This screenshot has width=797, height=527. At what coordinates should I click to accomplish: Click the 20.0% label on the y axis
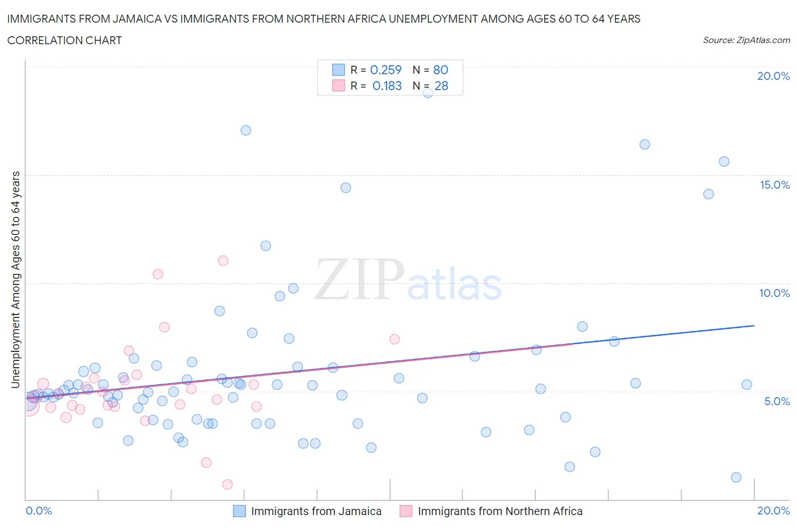(x=773, y=76)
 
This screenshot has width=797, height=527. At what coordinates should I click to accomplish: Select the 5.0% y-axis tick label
(x=777, y=401)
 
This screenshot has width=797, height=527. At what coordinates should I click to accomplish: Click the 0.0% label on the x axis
(x=39, y=511)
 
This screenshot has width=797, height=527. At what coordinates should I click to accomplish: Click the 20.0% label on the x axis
(x=773, y=511)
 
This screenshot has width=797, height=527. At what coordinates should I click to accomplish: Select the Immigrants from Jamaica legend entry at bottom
(x=316, y=511)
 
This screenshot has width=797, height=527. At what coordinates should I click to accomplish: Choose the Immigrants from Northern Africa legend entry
(x=499, y=511)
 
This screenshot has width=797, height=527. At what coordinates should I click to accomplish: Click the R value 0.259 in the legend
(x=385, y=70)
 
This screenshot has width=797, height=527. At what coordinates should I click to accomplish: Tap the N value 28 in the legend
(x=441, y=86)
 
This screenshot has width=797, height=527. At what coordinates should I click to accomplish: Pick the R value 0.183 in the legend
(x=387, y=86)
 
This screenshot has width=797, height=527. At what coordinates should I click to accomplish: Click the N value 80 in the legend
(x=440, y=70)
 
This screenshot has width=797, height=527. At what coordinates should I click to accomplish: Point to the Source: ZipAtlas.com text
(x=746, y=40)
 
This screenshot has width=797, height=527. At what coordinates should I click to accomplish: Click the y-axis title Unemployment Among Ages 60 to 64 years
(x=15, y=279)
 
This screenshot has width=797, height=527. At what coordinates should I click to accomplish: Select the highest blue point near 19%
(x=428, y=92)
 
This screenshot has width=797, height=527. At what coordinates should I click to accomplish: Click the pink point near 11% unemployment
(x=223, y=261)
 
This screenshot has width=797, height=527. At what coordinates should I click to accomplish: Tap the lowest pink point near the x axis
(x=227, y=484)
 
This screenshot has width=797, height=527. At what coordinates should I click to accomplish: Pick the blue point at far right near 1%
(x=736, y=477)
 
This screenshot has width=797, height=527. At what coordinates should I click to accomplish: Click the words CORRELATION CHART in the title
(x=64, y=40)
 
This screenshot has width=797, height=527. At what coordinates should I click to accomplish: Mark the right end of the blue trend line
(x=754, y=325)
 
